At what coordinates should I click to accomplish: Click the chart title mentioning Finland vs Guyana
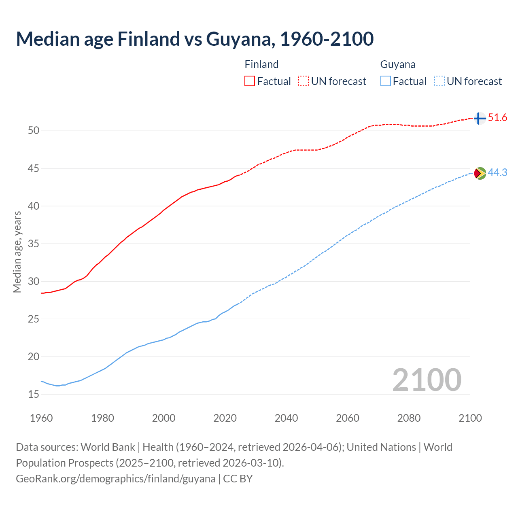[195, 39]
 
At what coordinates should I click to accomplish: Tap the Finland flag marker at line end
[480, 118]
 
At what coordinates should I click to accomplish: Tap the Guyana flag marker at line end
[480, 173]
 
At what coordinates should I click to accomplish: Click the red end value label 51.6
[497, 118]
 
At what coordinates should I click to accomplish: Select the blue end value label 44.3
[497, 173]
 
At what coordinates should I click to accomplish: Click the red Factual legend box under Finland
[250, 81]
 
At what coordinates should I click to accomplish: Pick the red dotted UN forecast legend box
[304, 81]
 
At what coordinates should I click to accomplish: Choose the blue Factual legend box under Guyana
[386, 81]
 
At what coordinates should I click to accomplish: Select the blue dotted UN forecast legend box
[439, 81]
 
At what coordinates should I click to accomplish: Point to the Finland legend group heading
[261, 64]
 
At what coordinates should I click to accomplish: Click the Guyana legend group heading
[398, 64]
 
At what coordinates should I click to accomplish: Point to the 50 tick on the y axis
[34, 131]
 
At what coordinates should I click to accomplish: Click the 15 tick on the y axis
[34, 394]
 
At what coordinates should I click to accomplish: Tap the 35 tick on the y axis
[34, 244]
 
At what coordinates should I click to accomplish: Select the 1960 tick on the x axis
[41, 418]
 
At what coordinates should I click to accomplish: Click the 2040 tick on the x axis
[286, 418]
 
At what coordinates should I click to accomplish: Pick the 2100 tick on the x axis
[470, 418]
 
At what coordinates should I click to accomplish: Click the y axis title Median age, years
[17, 252]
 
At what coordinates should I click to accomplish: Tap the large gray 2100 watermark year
[427, 380]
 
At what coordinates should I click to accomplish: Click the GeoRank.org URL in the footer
[116, 479]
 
